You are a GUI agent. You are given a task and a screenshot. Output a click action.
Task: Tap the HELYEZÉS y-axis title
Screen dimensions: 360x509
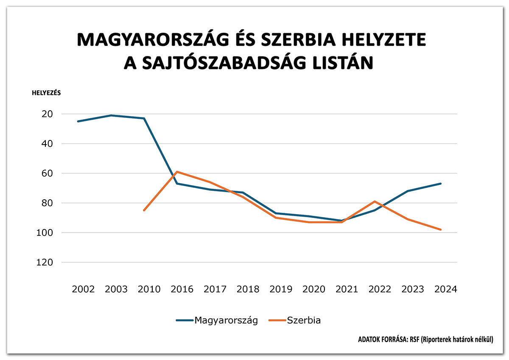point(46,94)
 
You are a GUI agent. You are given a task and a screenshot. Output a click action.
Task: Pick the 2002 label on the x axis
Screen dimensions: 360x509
point(83,289)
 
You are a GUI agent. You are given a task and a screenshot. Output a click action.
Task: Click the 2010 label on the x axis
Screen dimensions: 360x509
point(149,289)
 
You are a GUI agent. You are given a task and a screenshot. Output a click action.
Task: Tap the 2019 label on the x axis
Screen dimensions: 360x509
point(281,289)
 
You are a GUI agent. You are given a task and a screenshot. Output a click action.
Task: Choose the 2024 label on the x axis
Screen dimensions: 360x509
point(445,289)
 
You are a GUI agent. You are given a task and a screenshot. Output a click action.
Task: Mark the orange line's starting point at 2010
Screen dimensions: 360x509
point(144,210)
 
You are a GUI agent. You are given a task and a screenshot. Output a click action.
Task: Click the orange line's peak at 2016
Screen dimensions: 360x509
point(177,172)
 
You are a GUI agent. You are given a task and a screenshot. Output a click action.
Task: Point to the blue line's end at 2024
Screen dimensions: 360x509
point(441,184)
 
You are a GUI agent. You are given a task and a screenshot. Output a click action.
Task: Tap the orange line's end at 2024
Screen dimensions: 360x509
point(441,229)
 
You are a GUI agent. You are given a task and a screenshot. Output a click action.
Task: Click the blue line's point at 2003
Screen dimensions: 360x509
point(111,115)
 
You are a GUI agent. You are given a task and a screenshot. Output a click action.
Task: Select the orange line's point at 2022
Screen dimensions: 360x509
point(375,201)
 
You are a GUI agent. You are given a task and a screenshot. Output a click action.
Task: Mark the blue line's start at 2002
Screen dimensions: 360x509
point(78,121)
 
